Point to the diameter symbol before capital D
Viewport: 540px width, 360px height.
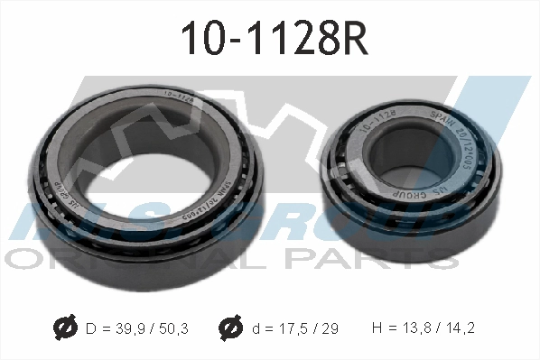64,328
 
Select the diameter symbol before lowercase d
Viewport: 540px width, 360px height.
228,328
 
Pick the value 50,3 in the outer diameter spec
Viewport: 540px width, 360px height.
172,328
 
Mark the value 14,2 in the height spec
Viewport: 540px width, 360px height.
461,328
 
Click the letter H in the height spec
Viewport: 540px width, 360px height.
377,328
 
